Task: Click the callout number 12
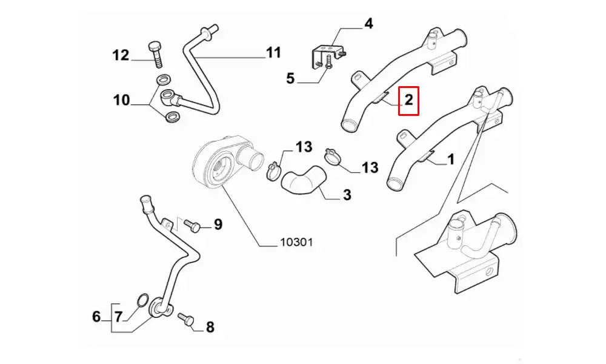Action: tap(121, 56)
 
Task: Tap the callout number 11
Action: tap(273, 53)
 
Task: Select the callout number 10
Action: tap(122, 100)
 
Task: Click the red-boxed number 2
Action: tap(409, 100)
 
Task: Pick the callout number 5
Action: tap(290, 78)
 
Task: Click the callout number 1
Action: tap(450, 160)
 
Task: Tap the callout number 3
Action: tap(347, 195)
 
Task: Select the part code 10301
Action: tap(296, 242)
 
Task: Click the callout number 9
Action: tap(218, 224)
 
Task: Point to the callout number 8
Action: tap(210, 328)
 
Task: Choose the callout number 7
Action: tap(118, 316)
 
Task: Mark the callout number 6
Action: tap(96, 316)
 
